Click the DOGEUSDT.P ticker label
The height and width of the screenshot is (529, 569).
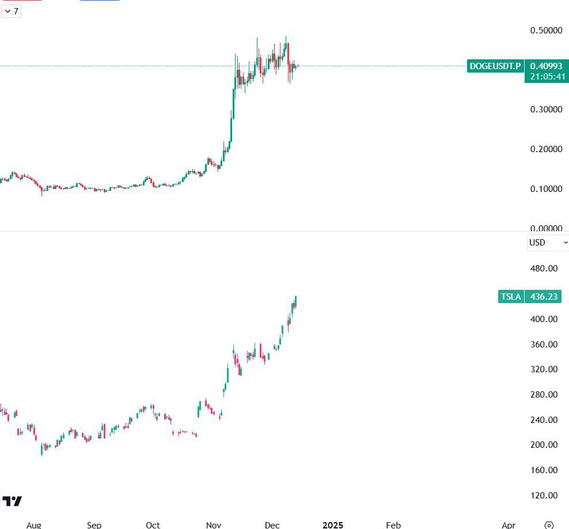[x=495, y=66]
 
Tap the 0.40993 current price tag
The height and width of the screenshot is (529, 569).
[x=546, y=66]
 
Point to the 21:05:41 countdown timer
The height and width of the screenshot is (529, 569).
[x=546, y=77]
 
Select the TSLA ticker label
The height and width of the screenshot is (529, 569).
[x=511, y=297]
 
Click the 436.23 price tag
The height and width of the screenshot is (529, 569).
[x=544, y=297]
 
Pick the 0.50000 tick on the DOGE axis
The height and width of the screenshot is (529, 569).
[x=546, y=31]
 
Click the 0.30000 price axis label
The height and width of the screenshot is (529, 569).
[x=546, y=109]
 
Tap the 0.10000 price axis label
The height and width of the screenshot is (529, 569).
[x=546, y=189]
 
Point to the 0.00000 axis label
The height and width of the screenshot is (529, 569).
[x=546, y=228]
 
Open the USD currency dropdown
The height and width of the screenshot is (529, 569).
[x=548, y=243]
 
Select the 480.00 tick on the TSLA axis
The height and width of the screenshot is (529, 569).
[x=544, y=269]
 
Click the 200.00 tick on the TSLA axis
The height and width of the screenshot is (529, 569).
[x=544, y=445]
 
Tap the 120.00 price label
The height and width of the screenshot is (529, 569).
[x=544, y=496]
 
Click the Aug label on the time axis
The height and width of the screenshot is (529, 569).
[x=34, y=525]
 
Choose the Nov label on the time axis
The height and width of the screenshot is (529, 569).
[x=213, y=525]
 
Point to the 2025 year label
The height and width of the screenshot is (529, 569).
[x=333, y=525]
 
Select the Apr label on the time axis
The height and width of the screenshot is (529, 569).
[x=509, y=525]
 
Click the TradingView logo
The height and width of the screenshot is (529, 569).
[x=12, y=501]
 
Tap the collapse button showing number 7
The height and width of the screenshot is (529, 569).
[x=12, y=11]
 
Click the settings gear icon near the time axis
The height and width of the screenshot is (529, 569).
[x=549, y=525]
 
